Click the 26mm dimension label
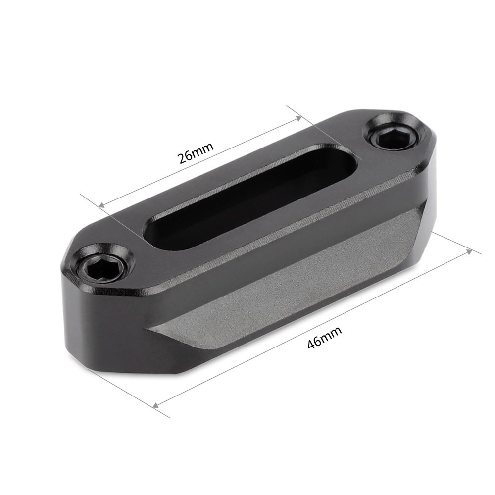click(196, 153)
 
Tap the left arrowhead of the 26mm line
click(101, 205)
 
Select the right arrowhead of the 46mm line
click(470, 251)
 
